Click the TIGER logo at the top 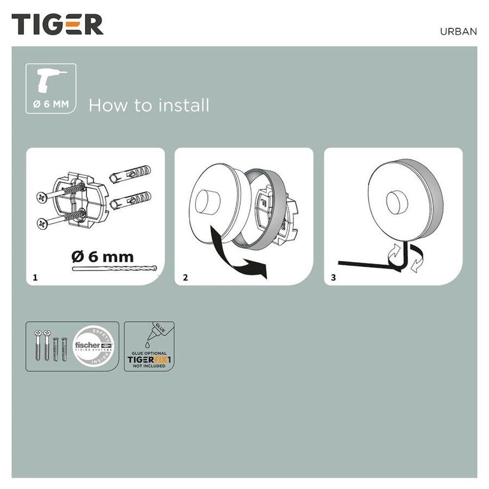(58, 25)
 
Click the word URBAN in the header (458, 32)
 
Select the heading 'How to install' (148, 105)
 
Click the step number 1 (35, 278)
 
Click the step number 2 (185, 278)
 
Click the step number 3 (333, 278)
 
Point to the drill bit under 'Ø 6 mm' (114, 268)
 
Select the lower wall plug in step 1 (131, 203)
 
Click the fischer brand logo (96, 346)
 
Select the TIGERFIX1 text (149, 359)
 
